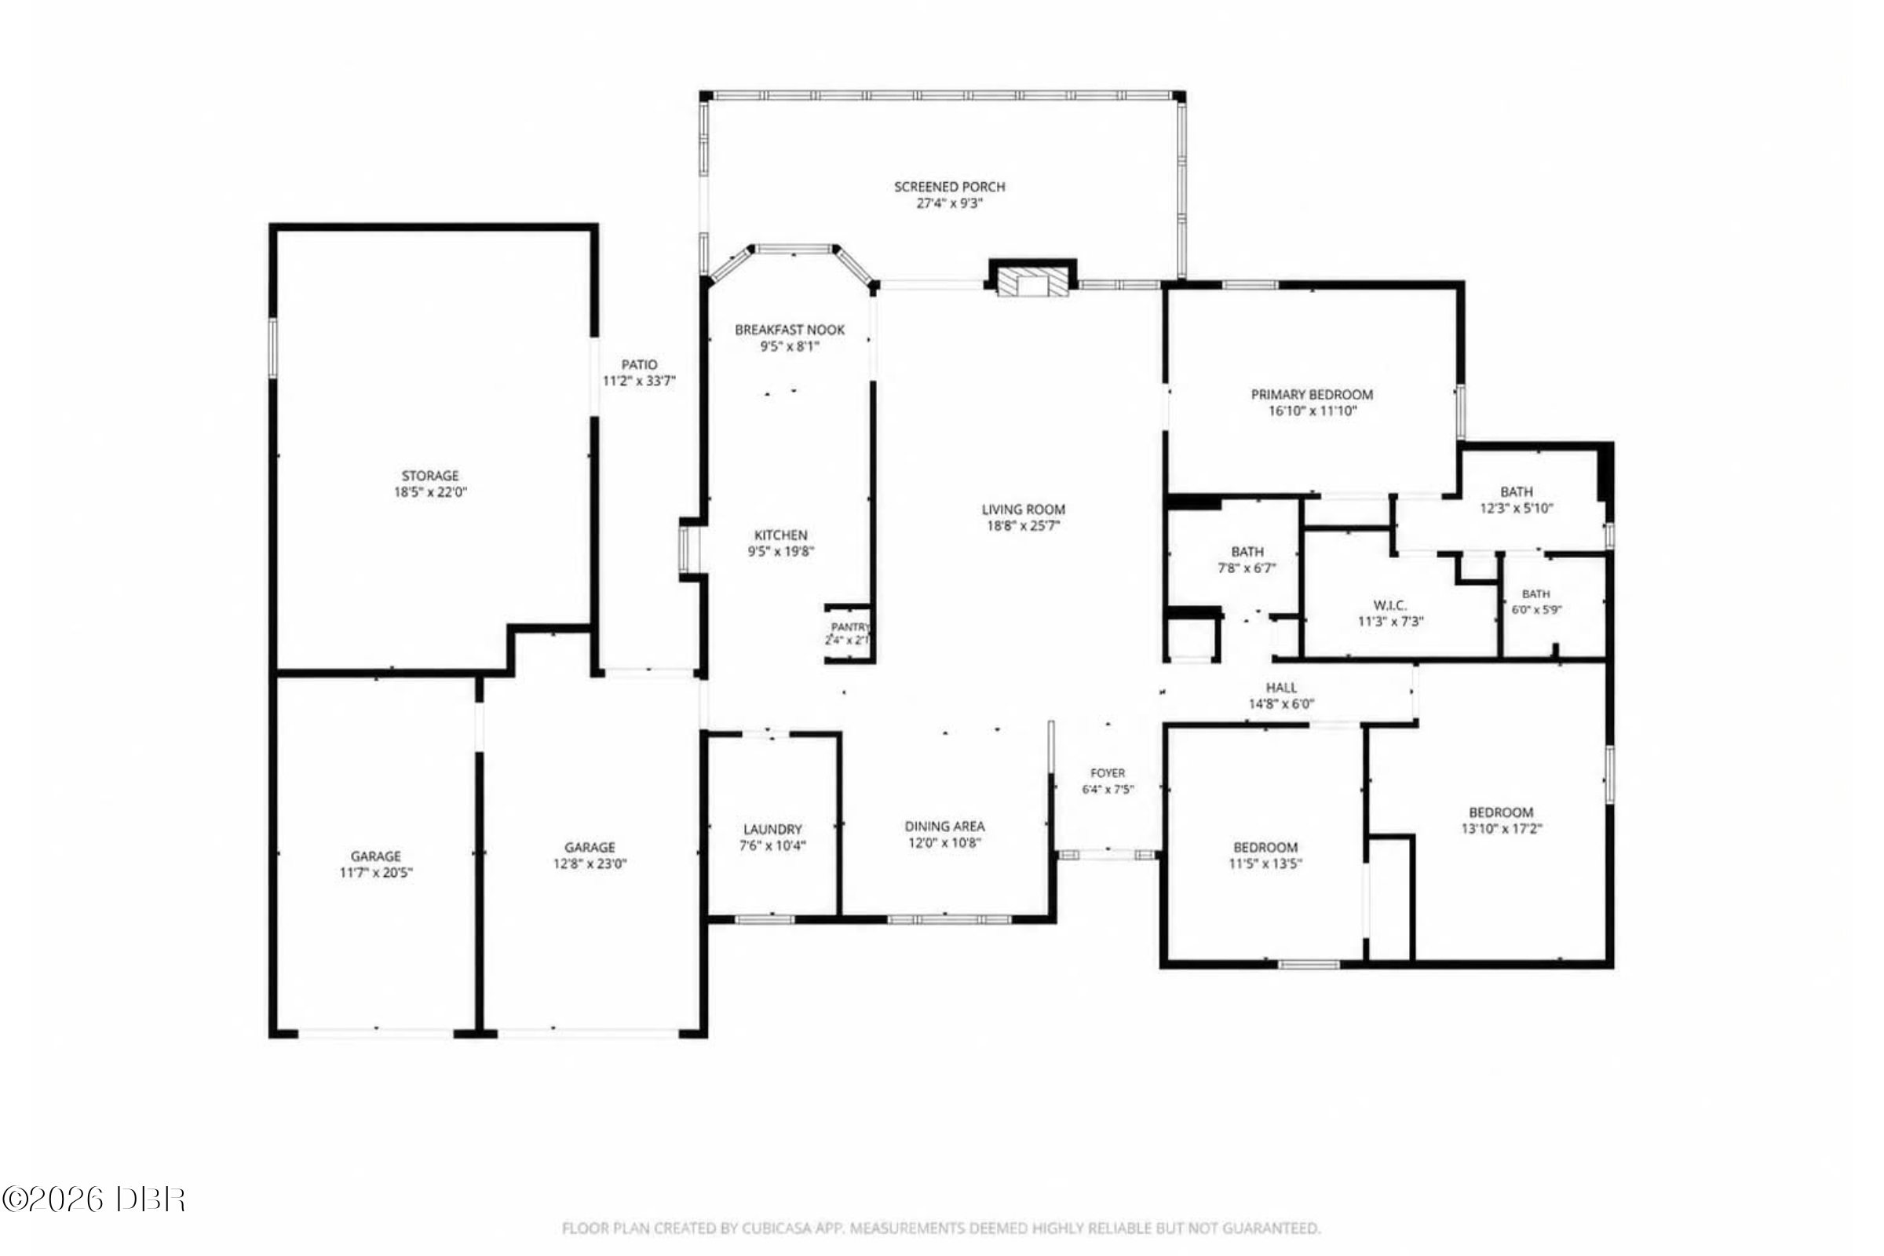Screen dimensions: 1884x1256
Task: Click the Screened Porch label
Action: (949, 187)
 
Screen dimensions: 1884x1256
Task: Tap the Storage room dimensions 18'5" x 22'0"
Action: (430, 493)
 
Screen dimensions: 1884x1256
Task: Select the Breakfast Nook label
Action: (790, 330)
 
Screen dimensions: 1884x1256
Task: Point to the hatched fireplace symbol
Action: (1032, 281)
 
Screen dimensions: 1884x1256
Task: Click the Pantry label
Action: (850, 627)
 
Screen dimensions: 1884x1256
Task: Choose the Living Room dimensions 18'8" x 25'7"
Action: (1024, 526)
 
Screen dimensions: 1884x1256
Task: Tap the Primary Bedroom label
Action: (1312, 395)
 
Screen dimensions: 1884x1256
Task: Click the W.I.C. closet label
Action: (1389, 605)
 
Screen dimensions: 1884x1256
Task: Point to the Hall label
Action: (1282, 688)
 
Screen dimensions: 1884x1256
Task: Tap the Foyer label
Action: (1108, 773)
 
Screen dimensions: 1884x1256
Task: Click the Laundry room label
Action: (772, 830)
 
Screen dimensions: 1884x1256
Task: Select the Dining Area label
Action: (944, 827)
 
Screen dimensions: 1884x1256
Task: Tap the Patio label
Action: (639, 365)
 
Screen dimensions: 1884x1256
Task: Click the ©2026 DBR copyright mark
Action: (93, 1199)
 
